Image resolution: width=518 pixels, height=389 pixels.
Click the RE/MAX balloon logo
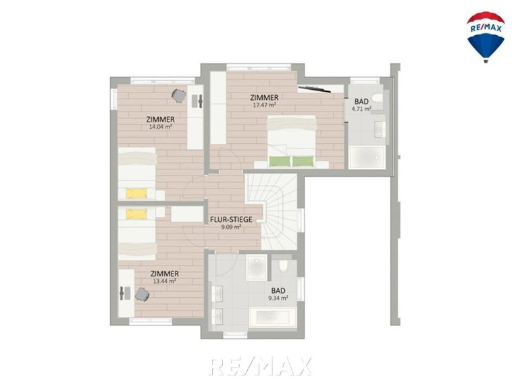pyautogui.click(x=486, y=36)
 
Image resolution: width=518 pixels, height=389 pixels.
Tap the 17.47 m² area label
pyautogui.click(x=264, y=105)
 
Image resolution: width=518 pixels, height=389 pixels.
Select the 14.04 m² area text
pyautogui.click(x=161, y=126)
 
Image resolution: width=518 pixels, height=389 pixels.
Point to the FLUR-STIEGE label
pyautogui.click(x=231, y=219)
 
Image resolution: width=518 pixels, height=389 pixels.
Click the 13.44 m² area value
pyautogui.click(x=165, y=281)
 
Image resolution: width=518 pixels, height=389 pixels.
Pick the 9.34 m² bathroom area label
pyautogui.click(x=278, y=298)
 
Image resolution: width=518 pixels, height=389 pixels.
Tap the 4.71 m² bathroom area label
pyautogui.click(x=361, y=109)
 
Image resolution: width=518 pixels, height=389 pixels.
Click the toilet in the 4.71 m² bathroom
pyautogui.click(x=378, y=98)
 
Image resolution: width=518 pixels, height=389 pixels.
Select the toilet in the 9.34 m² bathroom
pyautogui.click(x=283, y=266)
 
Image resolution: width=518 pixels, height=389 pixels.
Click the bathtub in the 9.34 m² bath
pyautogui.click(x=271, y=317)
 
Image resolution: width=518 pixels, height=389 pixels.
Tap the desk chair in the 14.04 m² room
pyautogui.click(x=179, y=96)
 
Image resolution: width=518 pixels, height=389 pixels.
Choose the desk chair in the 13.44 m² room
pyautogui.click(x=142, y=294)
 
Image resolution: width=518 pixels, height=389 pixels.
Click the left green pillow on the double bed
pyautogui.click(x=280, y=161)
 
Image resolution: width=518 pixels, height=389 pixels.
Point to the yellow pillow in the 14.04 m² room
pyautogui.click(x=136, y=193)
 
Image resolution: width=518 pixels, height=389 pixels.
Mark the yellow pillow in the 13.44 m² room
pyautogui.click(x=136, y=213)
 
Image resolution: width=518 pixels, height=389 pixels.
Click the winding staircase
pyautogui.click(x=271, y=211)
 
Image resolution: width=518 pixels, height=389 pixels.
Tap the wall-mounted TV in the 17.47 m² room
pyautogui.click(x=314, y=88)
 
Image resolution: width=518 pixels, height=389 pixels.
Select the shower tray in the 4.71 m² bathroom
pyautogui.click(x=367, y=157)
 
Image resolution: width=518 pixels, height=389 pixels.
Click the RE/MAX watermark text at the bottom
pyautogui.click(x=260, y=366)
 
